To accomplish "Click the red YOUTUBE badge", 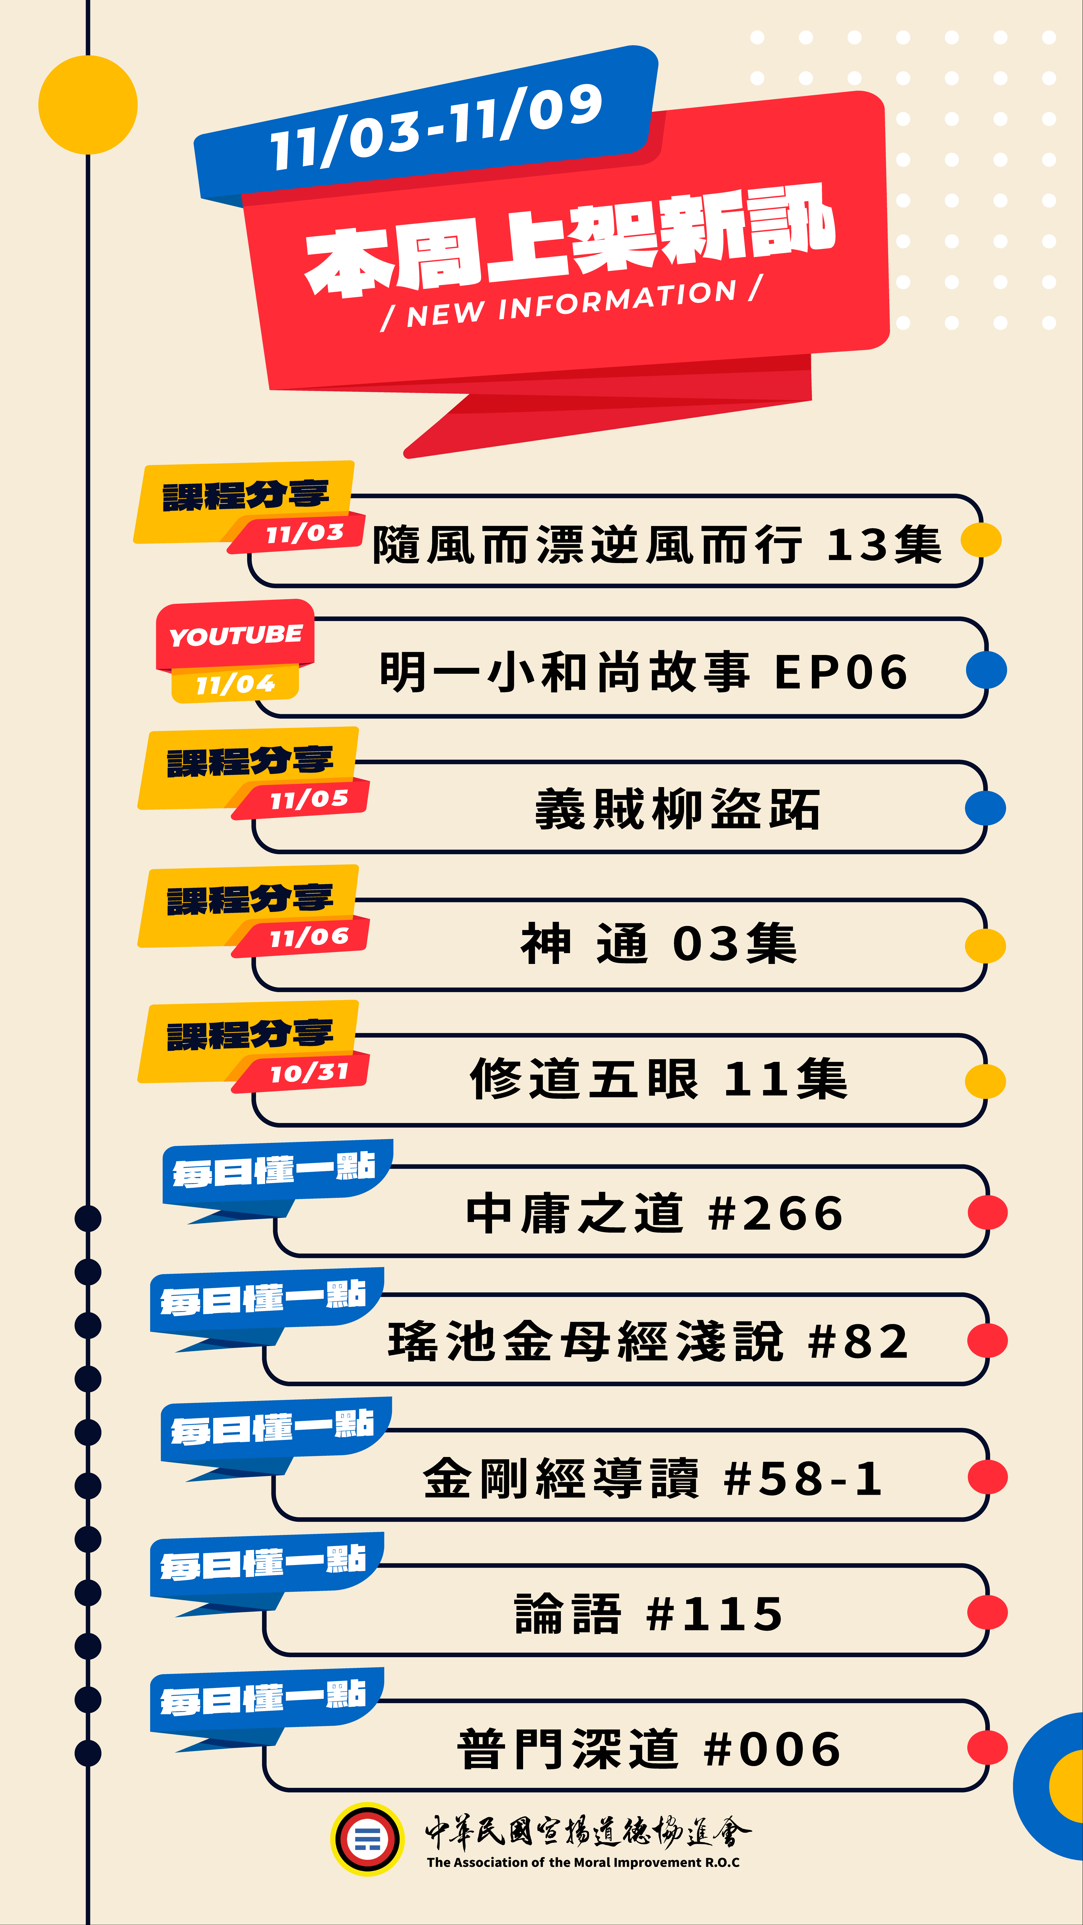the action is pos(235,635).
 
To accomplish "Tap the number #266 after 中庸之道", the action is pos(776,1213).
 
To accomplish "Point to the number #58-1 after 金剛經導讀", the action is pos(803,1478).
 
